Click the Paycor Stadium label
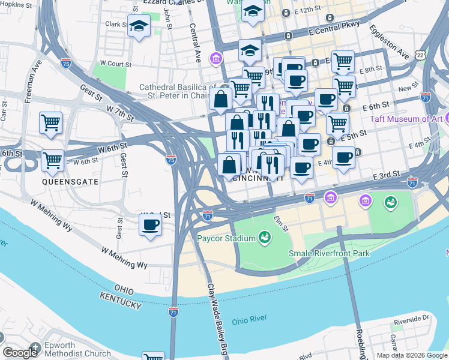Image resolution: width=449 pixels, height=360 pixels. click(x=226, y=238)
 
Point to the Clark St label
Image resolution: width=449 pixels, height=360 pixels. click(x=116, y=25)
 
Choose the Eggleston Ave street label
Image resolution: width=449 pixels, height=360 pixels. click(x=390, y=43)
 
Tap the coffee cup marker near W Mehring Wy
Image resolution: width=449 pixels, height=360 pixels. click(x=150, y=226)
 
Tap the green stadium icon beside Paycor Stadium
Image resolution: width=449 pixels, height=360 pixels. click(x=264, y=238)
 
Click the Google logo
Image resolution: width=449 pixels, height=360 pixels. click(x=19, y=352)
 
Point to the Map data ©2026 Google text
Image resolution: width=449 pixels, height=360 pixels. click(x=411, y=355)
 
